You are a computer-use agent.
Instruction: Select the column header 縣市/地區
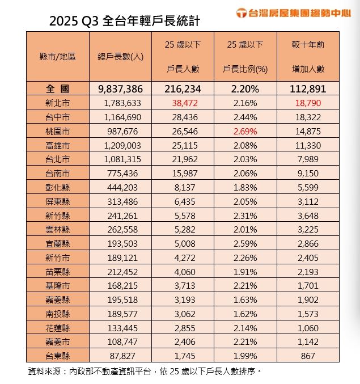58,57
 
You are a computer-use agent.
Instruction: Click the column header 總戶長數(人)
120,57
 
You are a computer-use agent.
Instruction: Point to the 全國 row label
58,89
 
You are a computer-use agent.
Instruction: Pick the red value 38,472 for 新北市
183,103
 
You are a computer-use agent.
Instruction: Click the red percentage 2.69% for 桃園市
245,131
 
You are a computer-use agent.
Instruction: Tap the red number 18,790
308,103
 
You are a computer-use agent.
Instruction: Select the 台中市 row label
58,117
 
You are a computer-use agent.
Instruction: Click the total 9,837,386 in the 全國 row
120,89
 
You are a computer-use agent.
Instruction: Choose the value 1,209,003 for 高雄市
120,145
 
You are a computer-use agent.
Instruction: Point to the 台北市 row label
58,159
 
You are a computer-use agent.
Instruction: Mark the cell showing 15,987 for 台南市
183,174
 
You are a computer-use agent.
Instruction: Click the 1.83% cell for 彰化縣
245,187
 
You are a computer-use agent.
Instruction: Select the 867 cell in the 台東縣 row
308,356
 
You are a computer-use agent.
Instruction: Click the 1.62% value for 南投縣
245,314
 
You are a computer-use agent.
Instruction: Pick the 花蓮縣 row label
58,328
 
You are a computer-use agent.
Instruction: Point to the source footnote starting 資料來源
144,372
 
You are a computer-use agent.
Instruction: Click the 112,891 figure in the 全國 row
308,89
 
